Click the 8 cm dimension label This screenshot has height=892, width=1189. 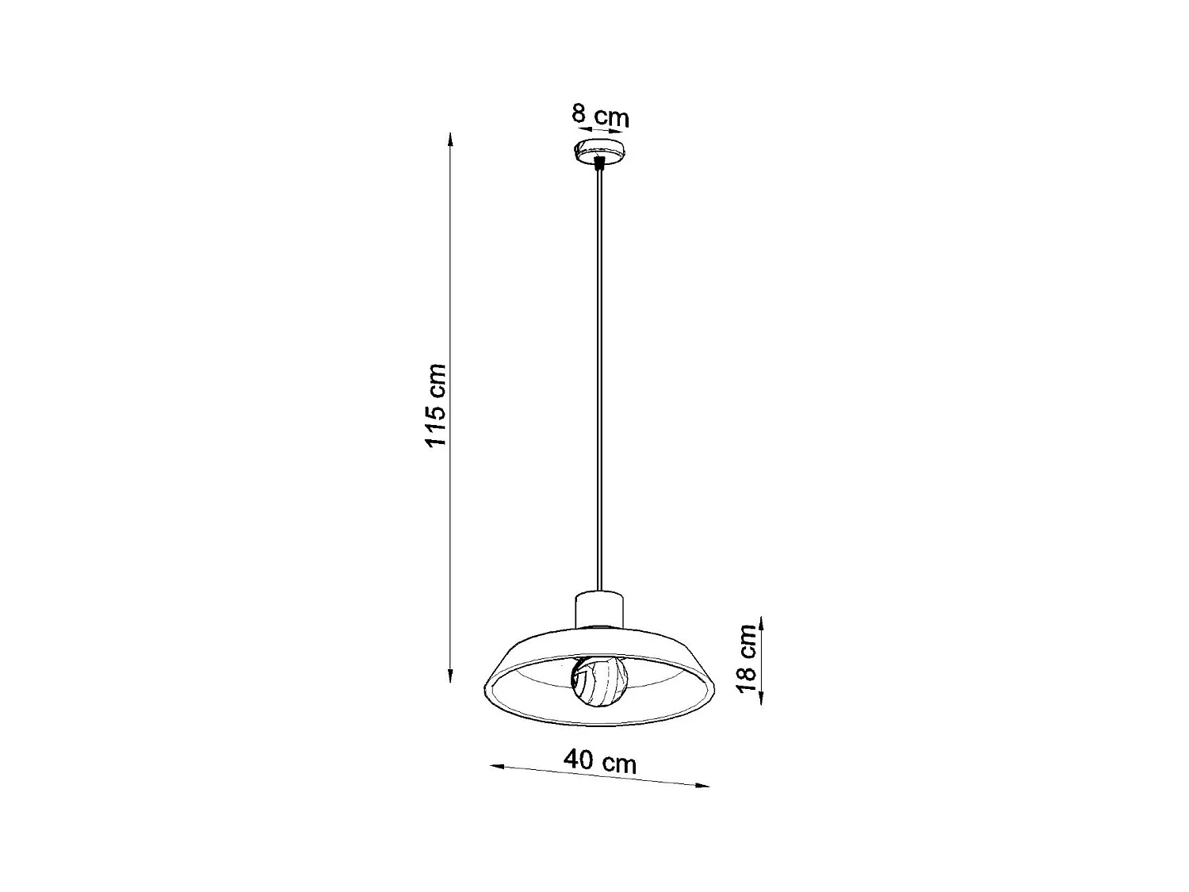click(x=600, y=116)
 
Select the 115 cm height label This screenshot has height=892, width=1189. click(x=435, y=404)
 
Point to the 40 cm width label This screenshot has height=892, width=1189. click(x=600, y=761)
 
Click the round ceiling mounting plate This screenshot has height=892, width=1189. click(x=600, y=150)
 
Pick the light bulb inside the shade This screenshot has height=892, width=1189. click(x=599, y=681)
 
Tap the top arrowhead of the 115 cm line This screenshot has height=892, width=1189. click(x=450, y=138)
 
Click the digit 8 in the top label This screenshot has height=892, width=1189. click(x=579, y=113)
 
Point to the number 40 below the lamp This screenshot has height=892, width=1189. click(x=579, y=760)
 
